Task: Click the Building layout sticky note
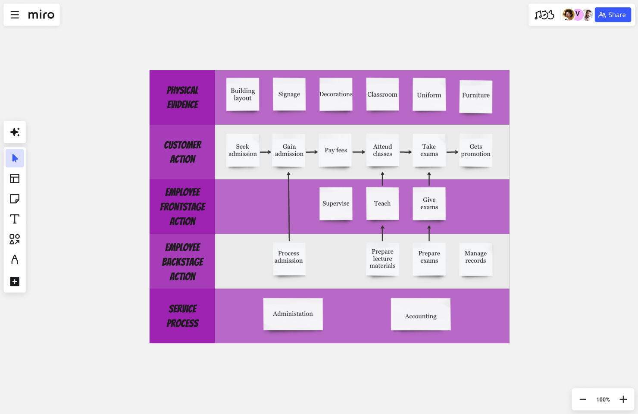[x=243, y=94]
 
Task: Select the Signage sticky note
[x=289, y=94]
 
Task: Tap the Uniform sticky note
[x=429, y=95]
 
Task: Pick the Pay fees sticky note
[x=335, y=150]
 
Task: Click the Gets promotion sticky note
[x=475, y=150]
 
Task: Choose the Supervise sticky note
[x=336, y=204]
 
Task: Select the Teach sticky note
[x=382, y=204]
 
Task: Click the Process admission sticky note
[x=289, y=257]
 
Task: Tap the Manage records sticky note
[x=475, y=257]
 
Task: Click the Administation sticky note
[x=293, y=314]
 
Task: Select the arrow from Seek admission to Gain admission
[x=266, y=152]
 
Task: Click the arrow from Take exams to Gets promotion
[x=452, y=152]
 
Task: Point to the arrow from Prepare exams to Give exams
[x=429, y=233]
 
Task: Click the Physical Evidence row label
[x=182, y=97]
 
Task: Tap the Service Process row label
[x=182, y=316]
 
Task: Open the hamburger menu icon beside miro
[x=15, y=15]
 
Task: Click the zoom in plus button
[x=623, y=399]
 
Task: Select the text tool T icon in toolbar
[x=15, y=219]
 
